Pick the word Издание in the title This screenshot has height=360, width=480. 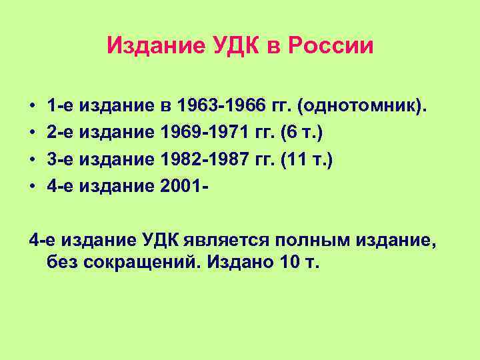[147, 46]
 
